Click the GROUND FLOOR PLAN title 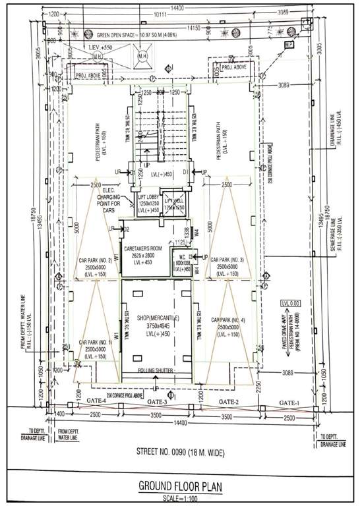(x=180, y=486)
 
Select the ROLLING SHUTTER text (x=155, y=371)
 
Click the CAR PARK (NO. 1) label (x=96, y=343)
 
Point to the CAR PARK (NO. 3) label (x=229, y=260)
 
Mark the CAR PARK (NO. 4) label (x=229, y=320)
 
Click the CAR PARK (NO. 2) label (x=96, y=260)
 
